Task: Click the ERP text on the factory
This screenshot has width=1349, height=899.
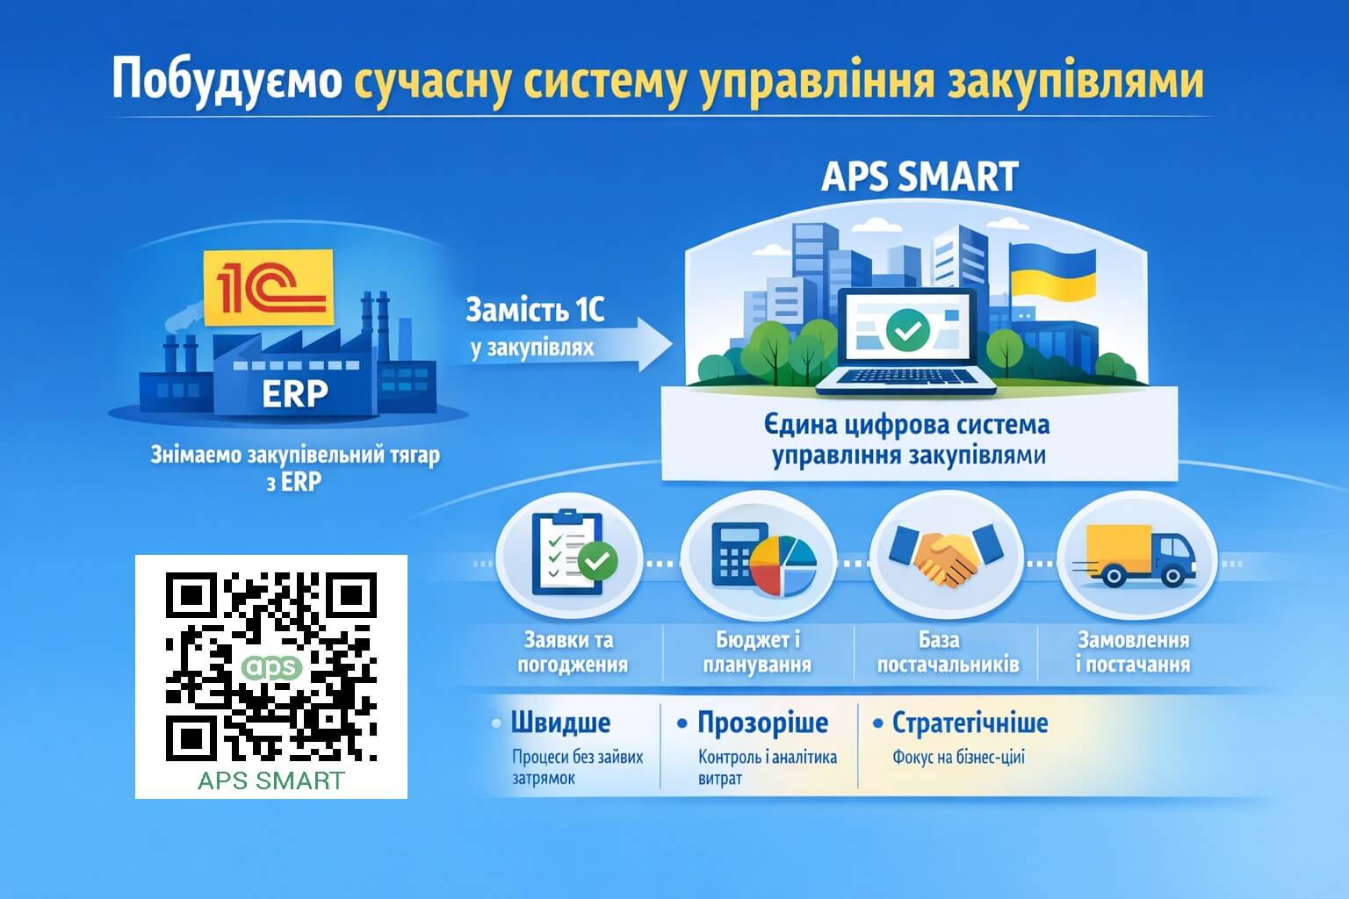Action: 295,394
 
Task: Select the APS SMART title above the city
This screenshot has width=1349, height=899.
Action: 920,176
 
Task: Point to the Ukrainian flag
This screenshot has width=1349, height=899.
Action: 1052,271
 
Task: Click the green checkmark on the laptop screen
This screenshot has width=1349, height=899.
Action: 907,329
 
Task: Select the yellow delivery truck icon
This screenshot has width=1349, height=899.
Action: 1136,556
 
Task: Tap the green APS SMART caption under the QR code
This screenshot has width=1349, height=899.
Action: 271,780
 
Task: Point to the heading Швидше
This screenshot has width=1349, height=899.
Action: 560,723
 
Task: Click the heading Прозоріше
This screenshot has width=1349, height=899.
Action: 762,723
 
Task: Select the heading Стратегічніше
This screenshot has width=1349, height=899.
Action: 970,723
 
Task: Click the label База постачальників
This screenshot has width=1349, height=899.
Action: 948,652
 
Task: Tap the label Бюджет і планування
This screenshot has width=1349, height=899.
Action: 757,652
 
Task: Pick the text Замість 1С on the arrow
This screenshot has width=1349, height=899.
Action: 535,311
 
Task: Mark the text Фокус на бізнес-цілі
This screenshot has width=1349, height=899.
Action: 958,757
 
